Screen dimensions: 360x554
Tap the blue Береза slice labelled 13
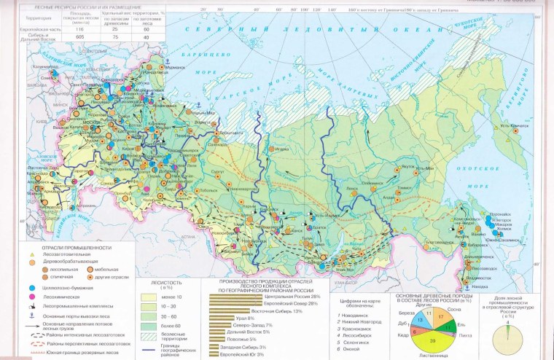point(421,319)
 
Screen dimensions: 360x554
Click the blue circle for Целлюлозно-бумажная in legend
point(32,291)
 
